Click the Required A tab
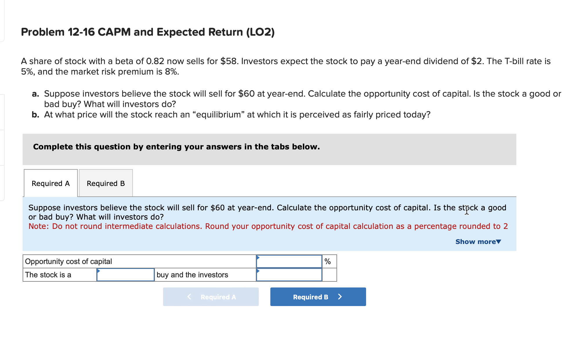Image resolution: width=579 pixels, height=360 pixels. pyautogui.click(x=50, y=183)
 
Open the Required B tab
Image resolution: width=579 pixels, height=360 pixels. pyautogui.click(x=106, y=183)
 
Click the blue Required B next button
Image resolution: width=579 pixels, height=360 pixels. pyautogui.click(x=318, y=297)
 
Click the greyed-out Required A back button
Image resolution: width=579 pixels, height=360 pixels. pyautogui.click(x=211, y=297)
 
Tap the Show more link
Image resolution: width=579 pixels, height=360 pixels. pyautogui.click(x=478, y=242)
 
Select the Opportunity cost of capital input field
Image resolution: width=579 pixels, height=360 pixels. pyautogui.click(x=289, y=261)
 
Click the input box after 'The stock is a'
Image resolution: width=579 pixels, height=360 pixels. pyautogui.click(x=125, y=275)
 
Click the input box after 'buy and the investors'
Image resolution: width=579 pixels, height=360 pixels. pyautogui.click(x=289, y=275)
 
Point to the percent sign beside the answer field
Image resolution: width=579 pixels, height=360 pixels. pyautogui.click(x=328, y=261)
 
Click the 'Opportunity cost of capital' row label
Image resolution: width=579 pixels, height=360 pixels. pyautogui.click(x=68, y=261)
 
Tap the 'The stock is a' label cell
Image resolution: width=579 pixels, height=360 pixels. pyautogui.click(x=48, y=275)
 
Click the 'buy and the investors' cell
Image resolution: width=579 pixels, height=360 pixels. pyautogui.click(x=192, y=275)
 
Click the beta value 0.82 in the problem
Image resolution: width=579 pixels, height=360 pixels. pyautogui.click(x=155, y=61)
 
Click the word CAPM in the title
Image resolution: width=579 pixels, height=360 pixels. pyautogui.click(x=114, y=32)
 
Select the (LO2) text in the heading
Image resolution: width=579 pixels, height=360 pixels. pyautogui.click(x=260, y=32)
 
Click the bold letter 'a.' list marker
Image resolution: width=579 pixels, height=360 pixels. pyautogui.click(x=35, y=94)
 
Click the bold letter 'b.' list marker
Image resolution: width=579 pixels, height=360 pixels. pyautogui.click(x=35, y=115)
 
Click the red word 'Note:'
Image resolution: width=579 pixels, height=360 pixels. pyautogui.click(x=39, y=226)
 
